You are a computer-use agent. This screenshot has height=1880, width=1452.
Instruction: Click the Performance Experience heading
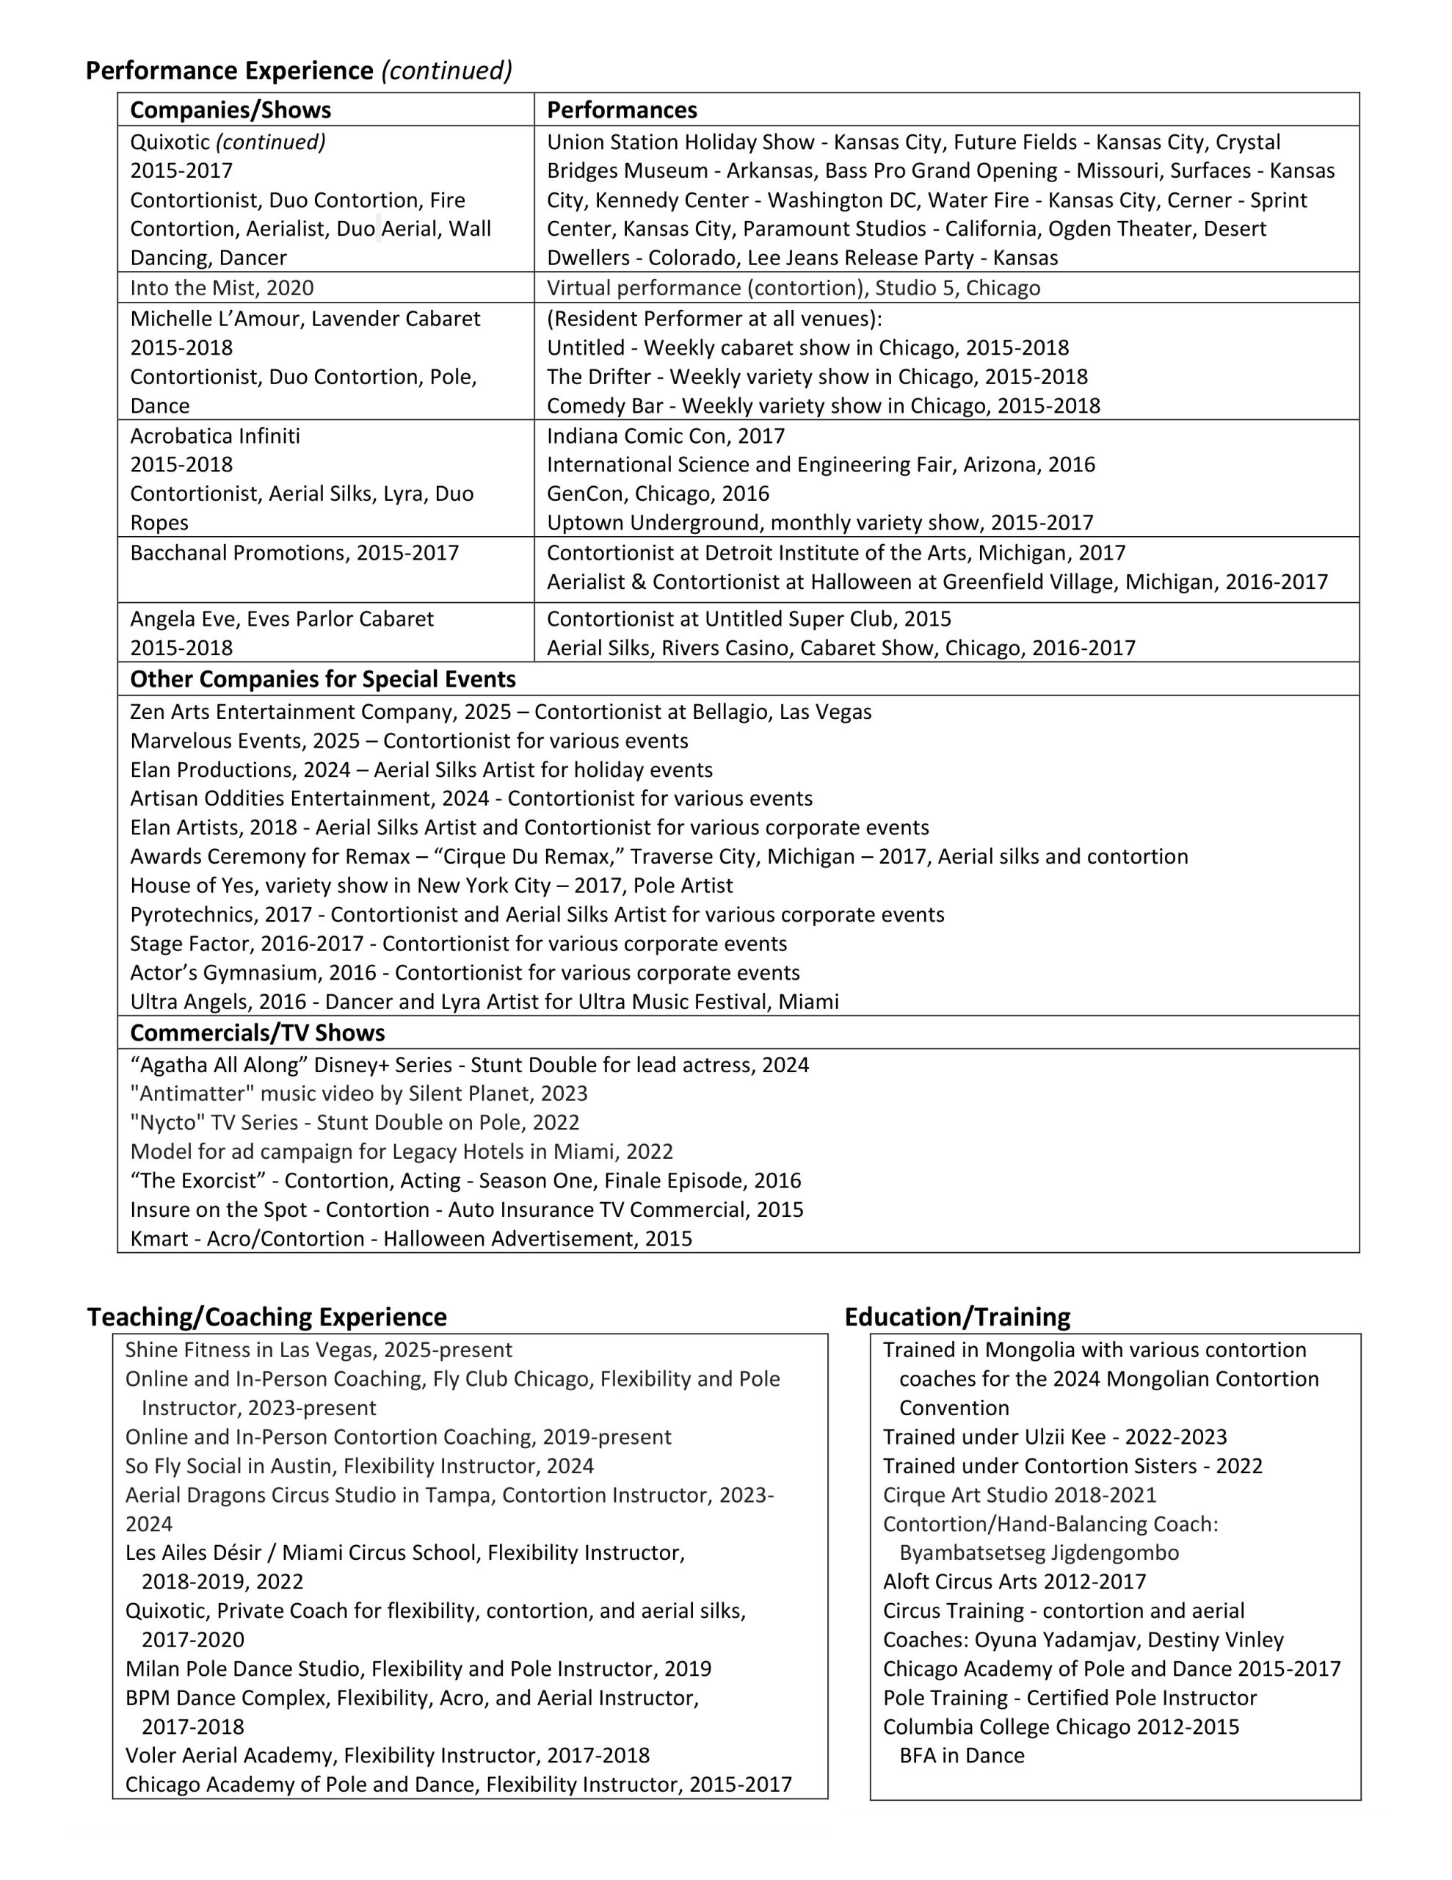coord(230,70)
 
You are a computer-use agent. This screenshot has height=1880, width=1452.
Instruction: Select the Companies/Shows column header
coord(230,110)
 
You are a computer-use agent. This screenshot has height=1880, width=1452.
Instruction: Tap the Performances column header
coord(622,110)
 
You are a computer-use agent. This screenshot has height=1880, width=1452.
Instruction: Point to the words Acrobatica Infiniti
coord(215,435)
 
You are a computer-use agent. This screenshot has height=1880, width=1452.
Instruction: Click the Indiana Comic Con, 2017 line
coord(665,435)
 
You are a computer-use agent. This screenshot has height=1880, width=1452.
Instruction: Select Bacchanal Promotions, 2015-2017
coord(294,553)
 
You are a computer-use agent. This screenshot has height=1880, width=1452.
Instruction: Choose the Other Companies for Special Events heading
coord(323,679)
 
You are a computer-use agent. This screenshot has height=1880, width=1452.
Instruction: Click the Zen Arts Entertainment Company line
coord(500,712)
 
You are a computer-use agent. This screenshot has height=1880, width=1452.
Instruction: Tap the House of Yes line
coord(431,886)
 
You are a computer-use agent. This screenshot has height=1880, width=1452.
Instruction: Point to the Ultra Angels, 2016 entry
coord(484,1002)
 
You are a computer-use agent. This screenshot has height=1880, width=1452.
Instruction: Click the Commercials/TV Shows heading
coord(258,1033)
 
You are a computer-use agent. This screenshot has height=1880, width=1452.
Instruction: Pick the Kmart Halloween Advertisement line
coord(410,1239)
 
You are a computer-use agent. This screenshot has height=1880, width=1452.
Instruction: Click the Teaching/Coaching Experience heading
coord(266,1317)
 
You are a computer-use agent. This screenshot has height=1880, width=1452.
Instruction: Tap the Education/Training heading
coord(957,1317)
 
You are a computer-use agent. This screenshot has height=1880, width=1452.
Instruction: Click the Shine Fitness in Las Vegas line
coord(319,1350)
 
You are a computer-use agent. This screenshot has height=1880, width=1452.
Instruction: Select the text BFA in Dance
coord(962,1756)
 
